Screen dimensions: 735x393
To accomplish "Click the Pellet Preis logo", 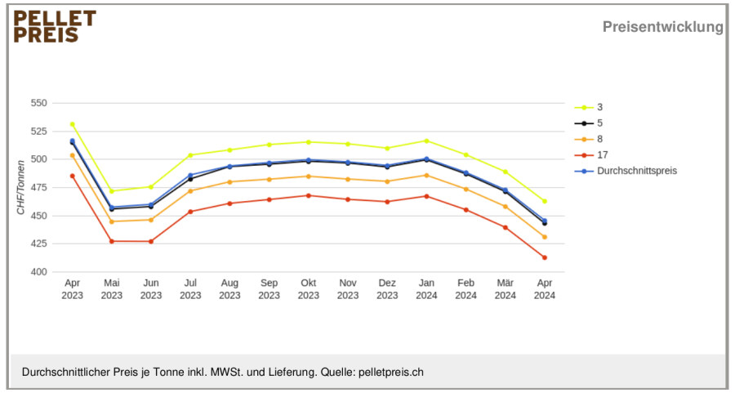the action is [x=55, y=27].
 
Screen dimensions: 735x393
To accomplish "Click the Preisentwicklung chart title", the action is [x=663, y=27].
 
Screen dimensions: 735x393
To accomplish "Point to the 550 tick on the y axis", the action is [x=39, y=103].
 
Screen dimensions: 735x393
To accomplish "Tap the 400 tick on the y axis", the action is [x=39, y=272].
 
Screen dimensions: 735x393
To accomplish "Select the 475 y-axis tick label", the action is [x=39, y=188].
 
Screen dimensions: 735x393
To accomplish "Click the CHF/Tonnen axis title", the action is [x=20, y=188].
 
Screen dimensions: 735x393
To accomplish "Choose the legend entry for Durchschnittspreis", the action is [x=626, y=171].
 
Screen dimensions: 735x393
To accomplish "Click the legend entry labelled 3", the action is [x=589, y=107].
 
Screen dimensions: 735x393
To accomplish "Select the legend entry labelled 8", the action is [x=589, y=139].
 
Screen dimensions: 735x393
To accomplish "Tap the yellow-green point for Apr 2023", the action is [x=72, y=124].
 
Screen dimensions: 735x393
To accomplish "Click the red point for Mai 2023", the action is [x=112, y=241].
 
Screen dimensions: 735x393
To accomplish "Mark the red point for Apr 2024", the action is [x=545, y=257].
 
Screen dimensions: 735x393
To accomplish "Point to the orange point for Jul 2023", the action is [x=190, y=191].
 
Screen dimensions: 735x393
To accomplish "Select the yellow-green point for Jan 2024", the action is [x=426, y=141].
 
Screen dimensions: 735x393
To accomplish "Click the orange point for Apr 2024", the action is [x=545, y=237].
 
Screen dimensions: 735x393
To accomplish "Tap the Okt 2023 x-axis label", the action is [x=309, y=289].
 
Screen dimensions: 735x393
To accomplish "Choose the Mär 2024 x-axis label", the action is [x=506, y=289].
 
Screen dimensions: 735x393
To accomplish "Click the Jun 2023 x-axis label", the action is [x=151, y=289].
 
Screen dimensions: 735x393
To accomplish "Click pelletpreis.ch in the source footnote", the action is [x=391, y=373].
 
